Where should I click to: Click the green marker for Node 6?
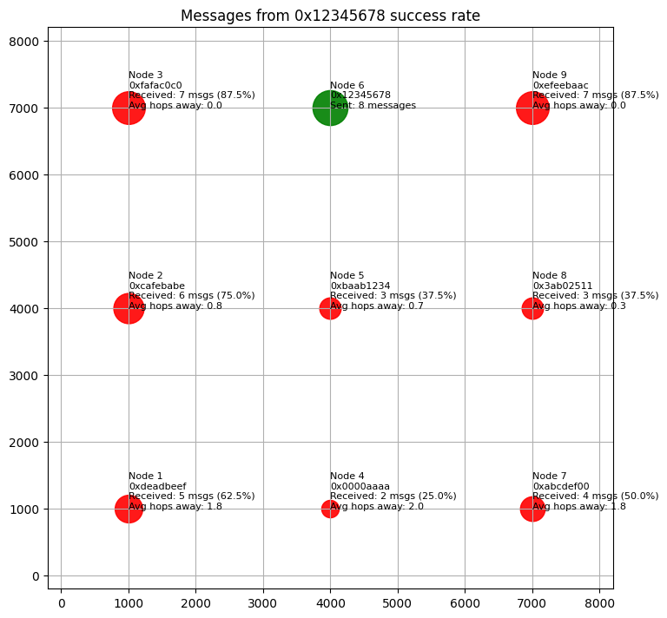(x=330, y=108)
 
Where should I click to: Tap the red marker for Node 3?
(x=129, y=108)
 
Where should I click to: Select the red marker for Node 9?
(x=532, y=108)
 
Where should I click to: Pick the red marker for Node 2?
(x=129, y=308)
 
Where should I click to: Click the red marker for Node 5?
(x=330, y=308)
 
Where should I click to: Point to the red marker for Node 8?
(x=532, y=308)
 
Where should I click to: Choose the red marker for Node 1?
(x=129, y=509)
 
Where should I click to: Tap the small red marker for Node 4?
(x=330, y=509)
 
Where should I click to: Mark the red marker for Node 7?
(x=532, y=509)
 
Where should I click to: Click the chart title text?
(x=330, y=16)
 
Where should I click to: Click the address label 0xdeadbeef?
(x=157, y=486)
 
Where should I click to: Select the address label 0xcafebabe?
(x=156, y=286)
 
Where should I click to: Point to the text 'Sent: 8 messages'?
(x=373, y=106)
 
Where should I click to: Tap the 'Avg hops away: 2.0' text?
(x=377, y=507)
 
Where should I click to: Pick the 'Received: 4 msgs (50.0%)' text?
(x=595, y=496)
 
